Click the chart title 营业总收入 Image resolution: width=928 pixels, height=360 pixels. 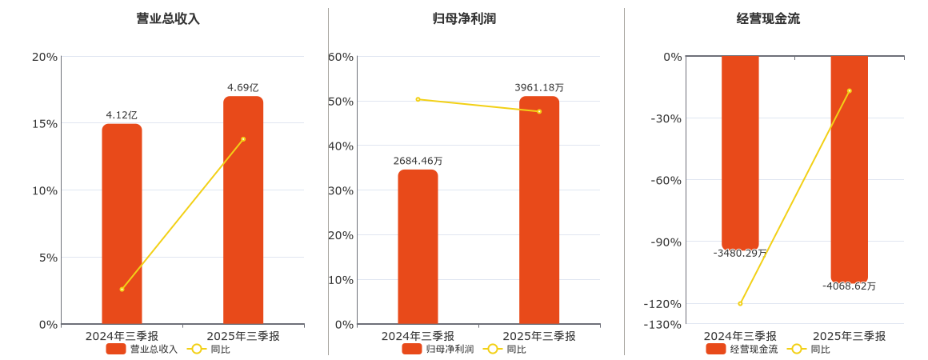click(168, 18)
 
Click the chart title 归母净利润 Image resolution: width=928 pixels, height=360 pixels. click(464, 18)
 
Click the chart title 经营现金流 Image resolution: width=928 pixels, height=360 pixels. click(768, 18)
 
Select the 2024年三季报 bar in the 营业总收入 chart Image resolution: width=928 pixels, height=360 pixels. click(122, 224)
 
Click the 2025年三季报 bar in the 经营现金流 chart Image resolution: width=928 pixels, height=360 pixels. click(849, 168)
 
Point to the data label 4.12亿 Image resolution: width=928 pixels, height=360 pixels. click(122, 115)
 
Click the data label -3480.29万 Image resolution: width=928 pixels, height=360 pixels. click(740, 253)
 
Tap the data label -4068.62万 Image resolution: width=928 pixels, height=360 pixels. click(849, 286)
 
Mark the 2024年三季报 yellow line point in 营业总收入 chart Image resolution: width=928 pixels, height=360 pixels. click(122, 289)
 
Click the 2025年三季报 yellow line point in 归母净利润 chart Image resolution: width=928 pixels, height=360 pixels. click(539, 111)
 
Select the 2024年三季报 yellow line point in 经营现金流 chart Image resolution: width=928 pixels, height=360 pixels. click(740, 303)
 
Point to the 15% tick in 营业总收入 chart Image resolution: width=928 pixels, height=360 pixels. click(44, 123)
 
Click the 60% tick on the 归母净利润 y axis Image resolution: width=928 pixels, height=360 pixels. click(341, 57)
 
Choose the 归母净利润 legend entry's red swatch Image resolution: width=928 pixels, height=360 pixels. click(412, 349)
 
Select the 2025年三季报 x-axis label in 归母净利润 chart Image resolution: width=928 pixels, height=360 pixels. click(539, 336)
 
